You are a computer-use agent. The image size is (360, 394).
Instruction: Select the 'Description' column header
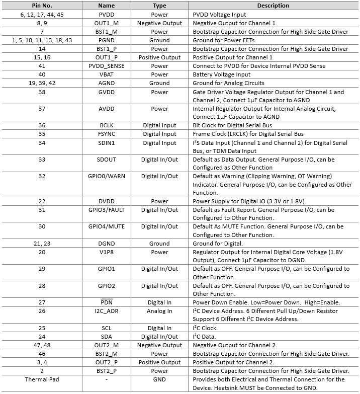(273, 6)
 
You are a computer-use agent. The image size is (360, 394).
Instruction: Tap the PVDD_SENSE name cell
(107, 66)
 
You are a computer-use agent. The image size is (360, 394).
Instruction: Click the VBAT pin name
(107, 74)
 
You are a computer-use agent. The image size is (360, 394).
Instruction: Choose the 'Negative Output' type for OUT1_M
(159, 23)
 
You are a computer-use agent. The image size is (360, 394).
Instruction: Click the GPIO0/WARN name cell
(107, 176)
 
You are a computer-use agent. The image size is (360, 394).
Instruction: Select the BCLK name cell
(107, 125)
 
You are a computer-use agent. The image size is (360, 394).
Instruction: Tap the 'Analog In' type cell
(159, 311)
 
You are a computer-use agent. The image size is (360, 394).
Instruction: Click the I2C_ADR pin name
(107, 311)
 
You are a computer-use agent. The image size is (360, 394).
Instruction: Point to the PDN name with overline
(107, 302)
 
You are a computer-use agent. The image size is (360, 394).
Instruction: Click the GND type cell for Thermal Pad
(159, 379)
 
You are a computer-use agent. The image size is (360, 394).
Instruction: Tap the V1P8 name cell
(107, 252)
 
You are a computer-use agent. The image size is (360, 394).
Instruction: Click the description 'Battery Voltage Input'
(222, 74)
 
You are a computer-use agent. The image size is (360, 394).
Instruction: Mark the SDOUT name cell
(107, 160)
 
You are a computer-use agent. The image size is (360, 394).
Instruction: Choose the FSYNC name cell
(107, 134)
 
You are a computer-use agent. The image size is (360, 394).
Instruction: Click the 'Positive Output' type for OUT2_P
(159, 362)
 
